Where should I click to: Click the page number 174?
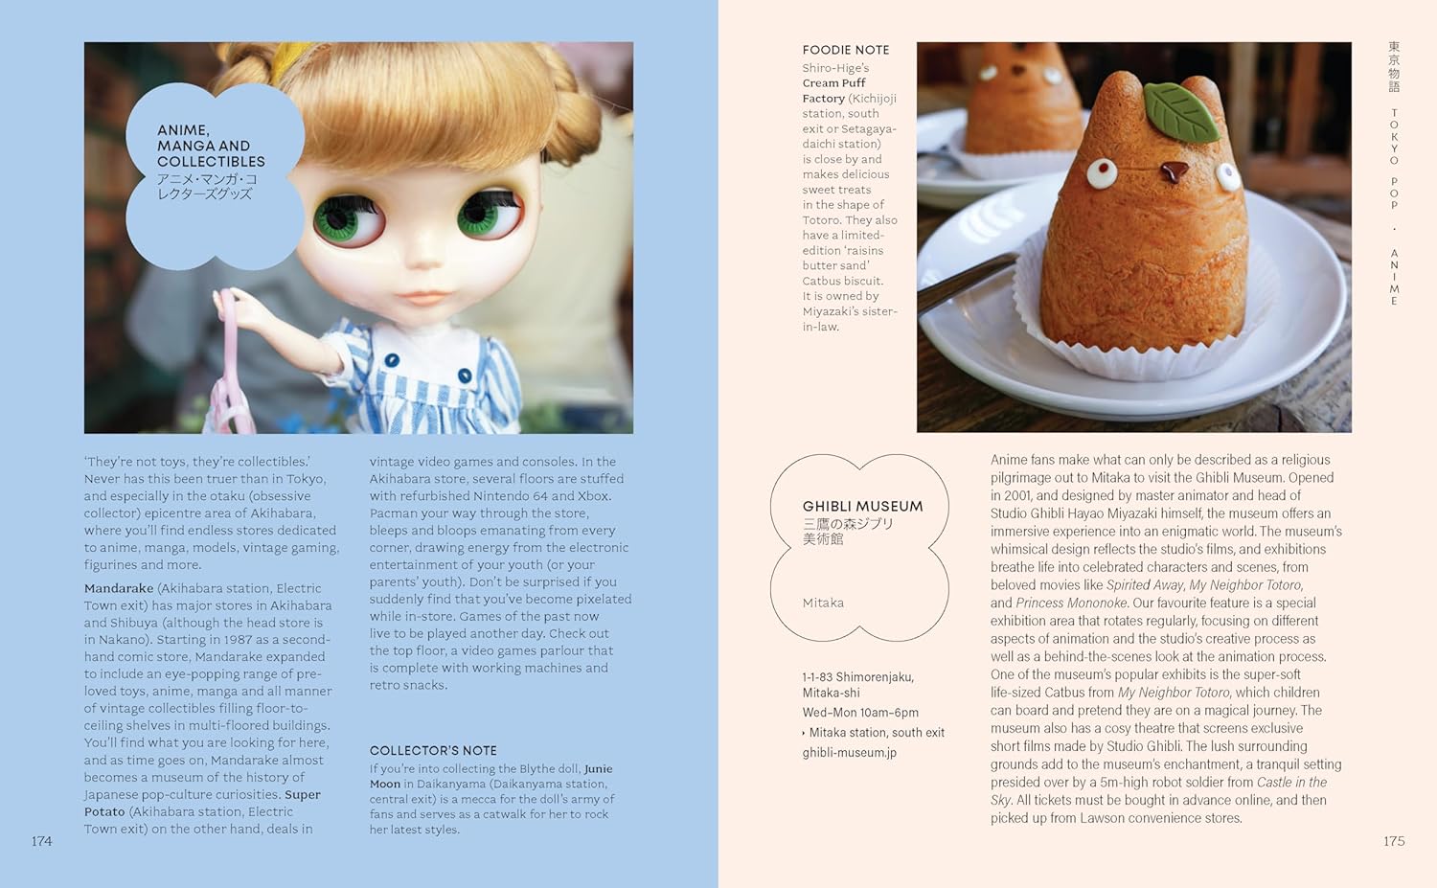pos(41,841)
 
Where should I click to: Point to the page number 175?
pos(1394,841)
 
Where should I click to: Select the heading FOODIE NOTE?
pos(846,50)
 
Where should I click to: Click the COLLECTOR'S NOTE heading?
pos(433,750)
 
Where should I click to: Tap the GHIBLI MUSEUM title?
pos(862,506)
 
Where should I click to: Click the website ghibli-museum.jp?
pos(850,752)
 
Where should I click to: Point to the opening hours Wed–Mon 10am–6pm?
pos(860,712)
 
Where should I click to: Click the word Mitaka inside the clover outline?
pos(823,603)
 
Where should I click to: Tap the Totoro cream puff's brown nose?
pos(1171,172)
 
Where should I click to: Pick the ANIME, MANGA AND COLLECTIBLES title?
pos(211,146)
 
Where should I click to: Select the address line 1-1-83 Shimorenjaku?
pos(857,676)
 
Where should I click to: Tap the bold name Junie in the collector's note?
pos(598,768)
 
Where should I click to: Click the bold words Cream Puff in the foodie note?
pos(833,83)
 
